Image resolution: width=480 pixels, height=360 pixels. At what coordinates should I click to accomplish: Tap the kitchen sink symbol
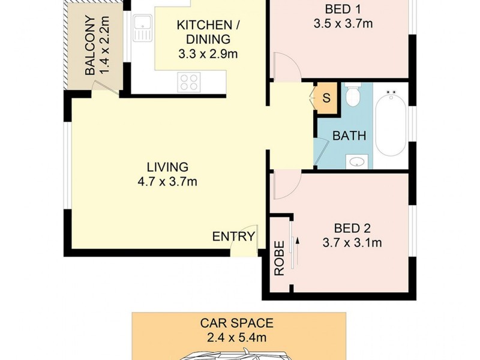click(x=143, y=29)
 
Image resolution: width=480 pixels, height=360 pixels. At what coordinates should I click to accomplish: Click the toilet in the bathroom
click(x=353, y=95)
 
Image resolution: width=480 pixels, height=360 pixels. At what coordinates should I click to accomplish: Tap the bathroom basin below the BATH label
click(x=358, y=160)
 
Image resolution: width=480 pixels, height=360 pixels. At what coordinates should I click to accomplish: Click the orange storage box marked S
click(x=326, y=97)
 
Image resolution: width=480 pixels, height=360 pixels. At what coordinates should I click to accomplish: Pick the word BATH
click(x=349, y=136)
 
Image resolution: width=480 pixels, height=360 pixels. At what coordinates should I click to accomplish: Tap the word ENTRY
click(x=234, y=236)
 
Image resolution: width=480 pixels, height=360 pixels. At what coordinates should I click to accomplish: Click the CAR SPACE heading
click(x=236, y=323)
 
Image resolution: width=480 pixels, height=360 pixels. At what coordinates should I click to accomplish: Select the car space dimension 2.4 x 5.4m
click(x=236, y=338)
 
